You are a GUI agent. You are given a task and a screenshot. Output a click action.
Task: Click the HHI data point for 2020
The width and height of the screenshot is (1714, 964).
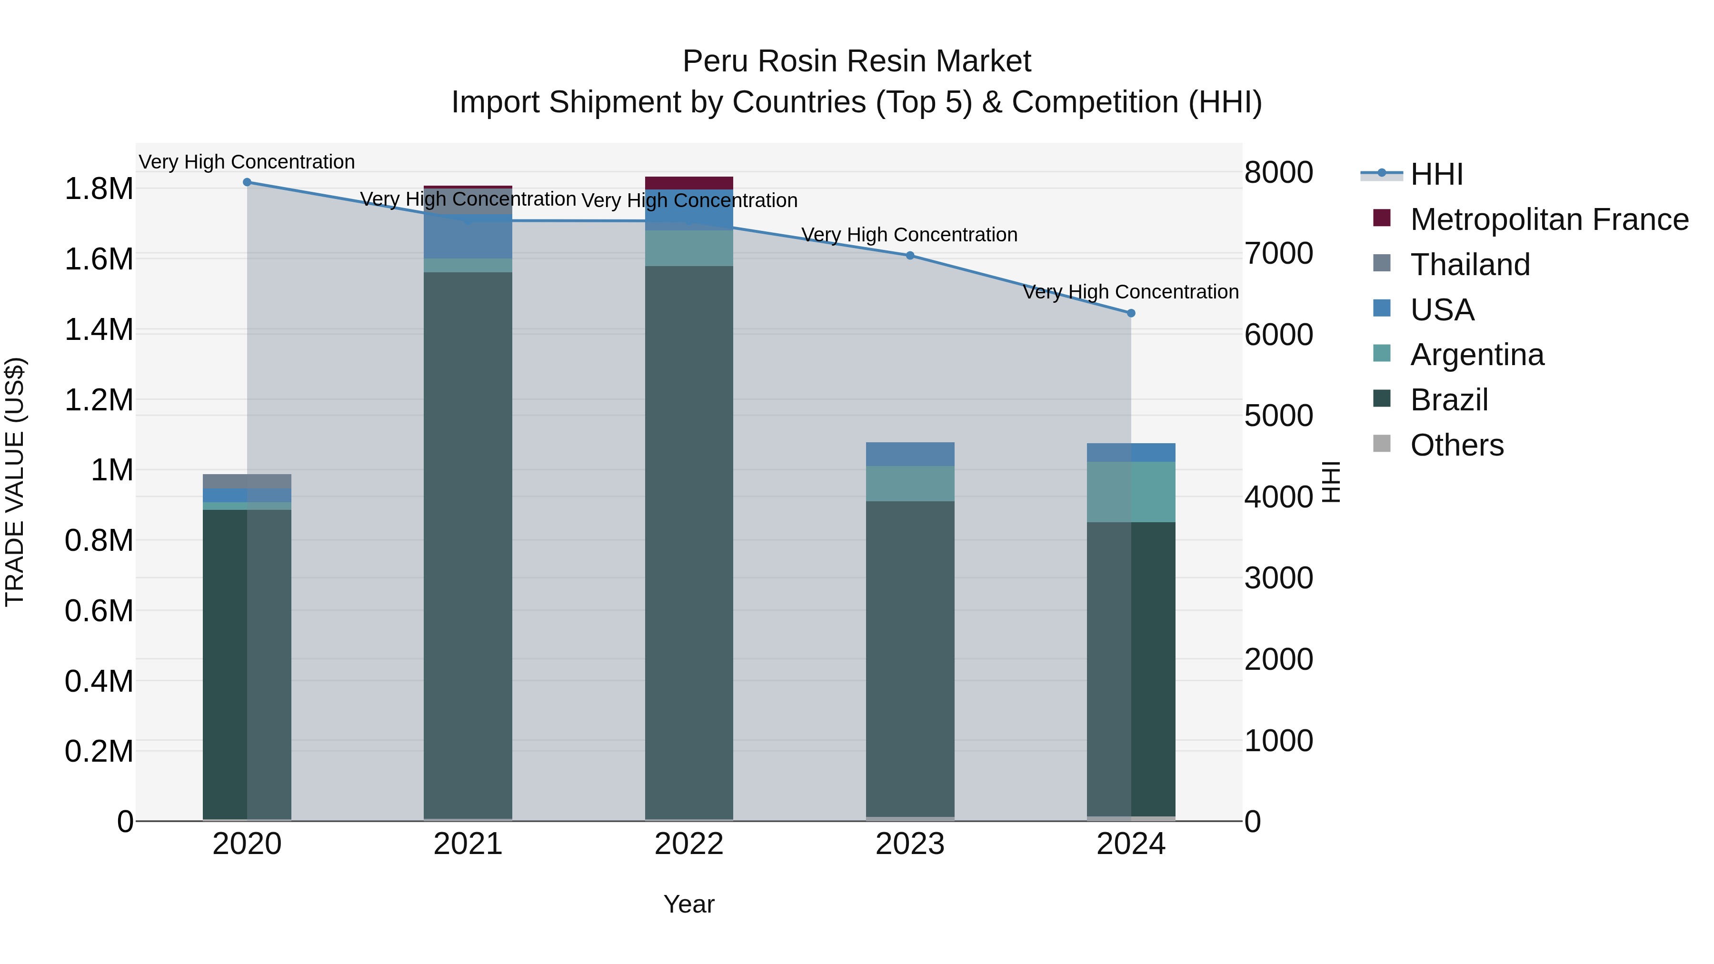point(247,182)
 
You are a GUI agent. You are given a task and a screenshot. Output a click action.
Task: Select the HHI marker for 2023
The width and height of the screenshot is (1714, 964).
point(909,256)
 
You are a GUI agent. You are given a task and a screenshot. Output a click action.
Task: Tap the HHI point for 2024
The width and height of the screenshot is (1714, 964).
point(1130,313)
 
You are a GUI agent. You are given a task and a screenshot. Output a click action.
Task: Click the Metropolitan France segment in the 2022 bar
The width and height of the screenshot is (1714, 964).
point(688,183)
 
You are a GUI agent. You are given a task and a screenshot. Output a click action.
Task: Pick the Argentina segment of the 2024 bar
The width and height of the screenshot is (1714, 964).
point(1130,492)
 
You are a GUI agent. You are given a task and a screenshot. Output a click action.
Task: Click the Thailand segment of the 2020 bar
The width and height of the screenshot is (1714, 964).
point(247,481)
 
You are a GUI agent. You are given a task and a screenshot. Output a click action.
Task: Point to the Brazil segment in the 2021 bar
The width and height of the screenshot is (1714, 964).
point(468,546)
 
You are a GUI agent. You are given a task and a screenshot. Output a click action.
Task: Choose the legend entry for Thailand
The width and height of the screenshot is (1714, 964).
point(1470,265)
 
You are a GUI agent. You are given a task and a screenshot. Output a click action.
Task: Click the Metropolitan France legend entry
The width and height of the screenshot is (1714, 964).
point(1549,219)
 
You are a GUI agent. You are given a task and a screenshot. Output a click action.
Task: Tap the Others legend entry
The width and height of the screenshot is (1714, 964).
point(1456,445)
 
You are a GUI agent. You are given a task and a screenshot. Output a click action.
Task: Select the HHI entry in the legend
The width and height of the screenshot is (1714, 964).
point(1436,174)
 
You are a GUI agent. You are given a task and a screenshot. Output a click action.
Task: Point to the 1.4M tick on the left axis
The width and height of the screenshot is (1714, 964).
point(99,330)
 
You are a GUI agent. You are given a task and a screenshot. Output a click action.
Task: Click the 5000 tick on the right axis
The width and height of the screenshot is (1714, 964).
point(1278,416)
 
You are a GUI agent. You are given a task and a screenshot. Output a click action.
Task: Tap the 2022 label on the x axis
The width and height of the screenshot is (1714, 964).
point(688,844)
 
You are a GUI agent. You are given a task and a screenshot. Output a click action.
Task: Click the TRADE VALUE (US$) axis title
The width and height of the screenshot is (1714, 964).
point(15,482)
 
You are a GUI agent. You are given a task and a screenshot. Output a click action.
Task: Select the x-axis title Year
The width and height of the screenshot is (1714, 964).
point(688,904)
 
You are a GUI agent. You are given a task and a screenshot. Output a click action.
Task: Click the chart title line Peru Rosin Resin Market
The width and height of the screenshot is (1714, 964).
point(857,61)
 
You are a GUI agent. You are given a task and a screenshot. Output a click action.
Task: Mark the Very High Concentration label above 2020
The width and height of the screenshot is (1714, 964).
point(247,162)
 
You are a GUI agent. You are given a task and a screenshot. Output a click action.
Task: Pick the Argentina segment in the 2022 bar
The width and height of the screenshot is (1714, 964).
point(688,248)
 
